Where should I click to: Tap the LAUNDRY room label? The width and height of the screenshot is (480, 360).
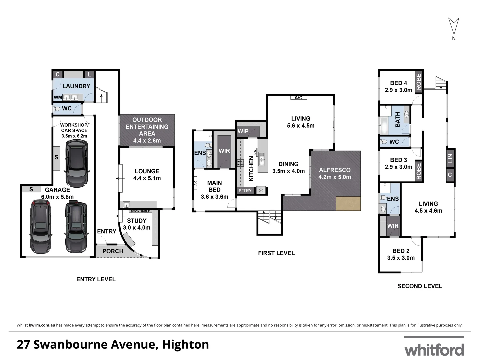click(76, 86)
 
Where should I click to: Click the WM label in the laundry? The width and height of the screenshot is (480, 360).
click(58, 97)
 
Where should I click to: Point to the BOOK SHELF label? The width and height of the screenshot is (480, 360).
click(140, 211)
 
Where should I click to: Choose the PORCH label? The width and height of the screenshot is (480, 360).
click(113, 251)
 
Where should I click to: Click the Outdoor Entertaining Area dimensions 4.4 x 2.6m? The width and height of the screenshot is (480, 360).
click(147, 140)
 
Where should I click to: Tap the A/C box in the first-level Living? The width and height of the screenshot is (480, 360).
click(298, 98)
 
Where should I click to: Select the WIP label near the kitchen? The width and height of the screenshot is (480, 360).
click(243, 131)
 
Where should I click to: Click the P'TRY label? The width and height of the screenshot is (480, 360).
click(245, 191)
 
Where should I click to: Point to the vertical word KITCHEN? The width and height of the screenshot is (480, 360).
click(251, 169)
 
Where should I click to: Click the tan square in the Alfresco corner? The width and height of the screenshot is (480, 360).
click(348, 203)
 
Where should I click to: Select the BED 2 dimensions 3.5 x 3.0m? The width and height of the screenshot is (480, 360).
click(401, 258)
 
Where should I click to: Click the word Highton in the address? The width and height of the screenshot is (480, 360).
click(185, 344)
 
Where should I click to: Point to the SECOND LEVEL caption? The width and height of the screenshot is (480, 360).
click(420, 286)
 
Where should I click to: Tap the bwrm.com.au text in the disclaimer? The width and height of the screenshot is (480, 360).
click(42, 325)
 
